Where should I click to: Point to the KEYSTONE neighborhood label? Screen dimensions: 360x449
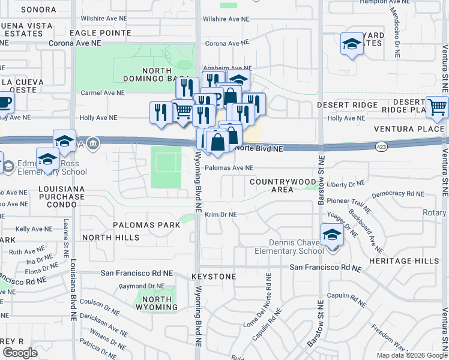(x=214, y=277)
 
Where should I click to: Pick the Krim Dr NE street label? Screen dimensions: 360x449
(x=221, y=215)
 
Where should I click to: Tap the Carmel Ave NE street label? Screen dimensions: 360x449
(x=103, y=93)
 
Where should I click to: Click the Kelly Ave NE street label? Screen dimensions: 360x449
(x=31, y=229)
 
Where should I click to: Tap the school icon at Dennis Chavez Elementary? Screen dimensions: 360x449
(x=331, y=234)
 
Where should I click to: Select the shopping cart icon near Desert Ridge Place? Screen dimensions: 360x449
(x=438, y=106)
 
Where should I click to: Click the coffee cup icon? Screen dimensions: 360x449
(x=4, y=101)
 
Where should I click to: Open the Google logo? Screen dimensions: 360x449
(x=20, y=353)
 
